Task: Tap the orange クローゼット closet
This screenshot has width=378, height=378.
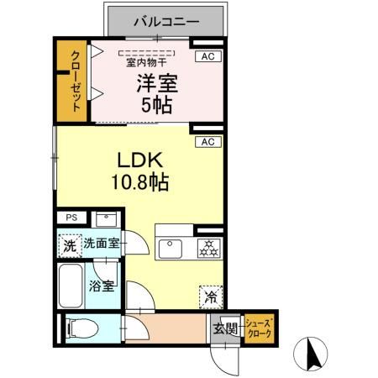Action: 73,82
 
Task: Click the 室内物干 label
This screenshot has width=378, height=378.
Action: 146,61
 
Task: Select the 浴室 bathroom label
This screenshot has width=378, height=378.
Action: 102,286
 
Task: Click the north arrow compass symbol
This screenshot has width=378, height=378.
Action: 312,353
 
